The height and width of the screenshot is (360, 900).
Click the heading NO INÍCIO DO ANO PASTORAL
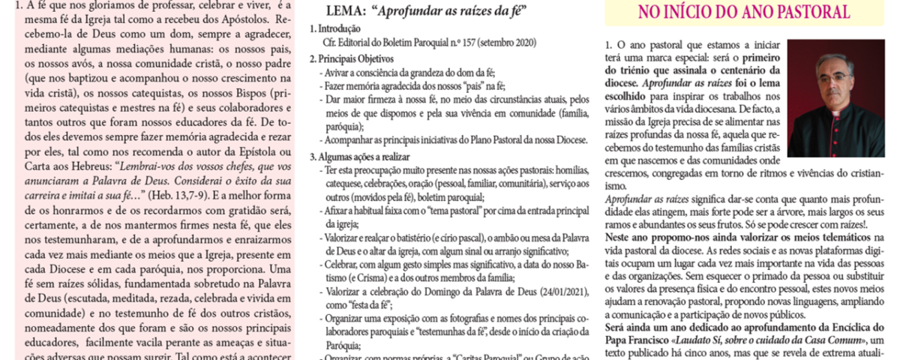(x=744, y=12)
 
